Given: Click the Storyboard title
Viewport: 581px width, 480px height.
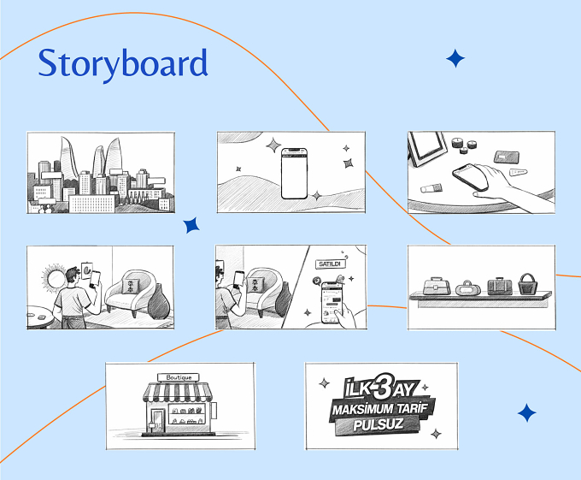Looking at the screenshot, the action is pyautogui.click(x=123, y=63).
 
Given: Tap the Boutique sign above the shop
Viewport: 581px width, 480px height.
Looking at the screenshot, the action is pyautogui.click(x=179, y=377).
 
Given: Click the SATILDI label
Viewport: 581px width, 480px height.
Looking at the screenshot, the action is pyautogui.click(x=330, y=264).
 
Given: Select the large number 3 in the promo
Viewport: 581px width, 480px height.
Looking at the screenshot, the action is pyautogui.click(x=384, y=386).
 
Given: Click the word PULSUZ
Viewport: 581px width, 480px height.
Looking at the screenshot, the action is pyautogui.click(x=378, y=424).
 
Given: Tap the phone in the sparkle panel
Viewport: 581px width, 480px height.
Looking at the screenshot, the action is pyautogui.click(x=294, y=174).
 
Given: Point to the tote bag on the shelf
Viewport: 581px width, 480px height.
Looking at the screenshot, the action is pyautogui.click(x=527, y=284).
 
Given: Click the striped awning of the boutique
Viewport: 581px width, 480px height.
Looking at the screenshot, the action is pyautogui.click(x=178, y=393).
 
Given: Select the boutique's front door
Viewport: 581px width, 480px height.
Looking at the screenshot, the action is pyautogui.click(x=158, y=421).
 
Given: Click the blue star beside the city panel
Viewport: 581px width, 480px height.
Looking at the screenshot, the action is pyautogui.click(x=191, y=225).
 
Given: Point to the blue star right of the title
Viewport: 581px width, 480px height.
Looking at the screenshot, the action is pyautogui.click(x=455, y=58).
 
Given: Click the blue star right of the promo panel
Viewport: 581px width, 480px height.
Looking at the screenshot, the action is pyautogui.click(x=527, y=413).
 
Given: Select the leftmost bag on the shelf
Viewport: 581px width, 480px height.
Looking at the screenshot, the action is pyautogui.click(x=437, y=286).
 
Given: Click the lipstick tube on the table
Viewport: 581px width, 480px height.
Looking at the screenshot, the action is pyautogui.click(x=431, y=188).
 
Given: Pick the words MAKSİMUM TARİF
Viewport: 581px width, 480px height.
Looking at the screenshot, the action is pyautogui.click(x=380, y=409).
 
